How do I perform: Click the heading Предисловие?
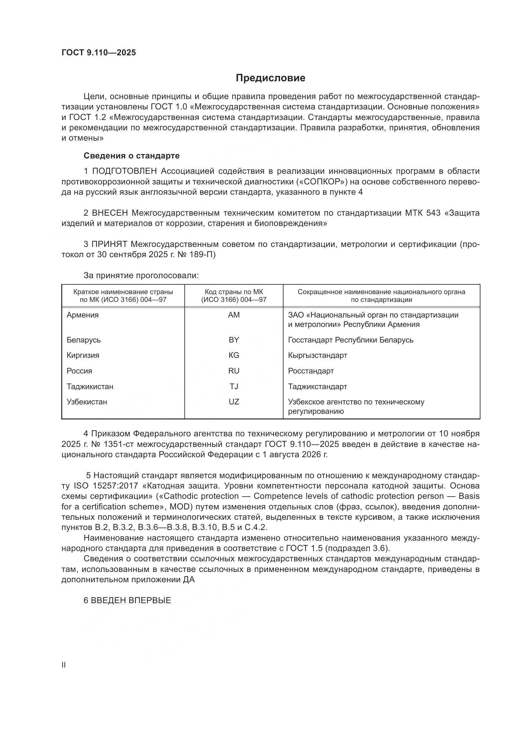(x=270, y=78)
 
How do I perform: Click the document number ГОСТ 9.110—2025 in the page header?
(x=99, y=53)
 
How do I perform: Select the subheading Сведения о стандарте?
(x=132, y=156)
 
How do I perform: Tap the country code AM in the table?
(x=234, y=315)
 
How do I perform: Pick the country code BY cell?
(x=234, y=340)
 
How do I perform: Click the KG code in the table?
(x=234, y=355)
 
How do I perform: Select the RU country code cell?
(x=234, y=371)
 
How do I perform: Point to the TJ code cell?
(x=234, y=387)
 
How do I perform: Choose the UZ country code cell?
(x=234, y=402)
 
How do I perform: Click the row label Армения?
(x=83, y=315)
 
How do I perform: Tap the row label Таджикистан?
(x=90, y=387)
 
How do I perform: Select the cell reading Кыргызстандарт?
(x=317, y=355)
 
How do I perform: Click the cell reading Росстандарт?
(x=311, y=371)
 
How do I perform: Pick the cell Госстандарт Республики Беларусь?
(x=350, y=340)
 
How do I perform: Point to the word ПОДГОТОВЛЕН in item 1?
(x=124, y=171)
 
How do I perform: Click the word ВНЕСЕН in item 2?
(x=110, y=213)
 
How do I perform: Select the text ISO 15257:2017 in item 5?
(x=106, y=486)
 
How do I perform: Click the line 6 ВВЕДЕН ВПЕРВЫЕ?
(x=127, y=600)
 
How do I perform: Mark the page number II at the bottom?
(x=64, y=665)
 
